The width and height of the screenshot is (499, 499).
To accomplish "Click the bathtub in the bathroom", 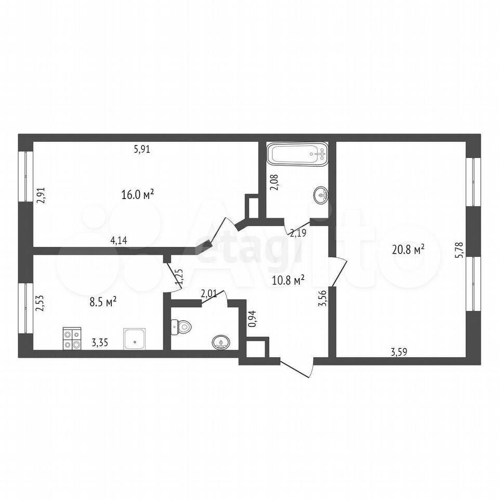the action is (x=297, y=154).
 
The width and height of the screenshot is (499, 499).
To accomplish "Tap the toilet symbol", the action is (x=181, y=327).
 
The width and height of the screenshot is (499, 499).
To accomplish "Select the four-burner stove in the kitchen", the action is (x=72, y=338).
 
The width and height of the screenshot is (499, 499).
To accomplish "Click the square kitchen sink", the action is (x=135, y=339).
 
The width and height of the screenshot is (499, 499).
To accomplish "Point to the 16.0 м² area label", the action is (x=138, y=194).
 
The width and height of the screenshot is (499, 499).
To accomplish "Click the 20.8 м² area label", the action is (x=409, y=250).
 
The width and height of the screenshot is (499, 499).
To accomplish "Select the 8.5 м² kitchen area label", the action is (x=103, y=301).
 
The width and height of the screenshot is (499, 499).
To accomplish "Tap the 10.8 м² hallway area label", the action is (x=288, y=280).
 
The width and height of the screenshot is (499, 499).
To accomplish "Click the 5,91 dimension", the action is (x=142, y=149).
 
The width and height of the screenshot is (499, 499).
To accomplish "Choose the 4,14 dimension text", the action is (x=119, y=240).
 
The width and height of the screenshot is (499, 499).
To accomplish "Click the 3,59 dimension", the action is (x=399, y=352).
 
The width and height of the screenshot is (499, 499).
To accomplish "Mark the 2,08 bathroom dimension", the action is (x=274, y=182).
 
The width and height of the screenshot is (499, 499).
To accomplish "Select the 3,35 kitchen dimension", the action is (x=100, y=343).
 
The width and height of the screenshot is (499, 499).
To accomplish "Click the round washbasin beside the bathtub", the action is (x=321, y=195).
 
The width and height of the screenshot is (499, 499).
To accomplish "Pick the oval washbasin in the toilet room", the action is (x=221, y=343).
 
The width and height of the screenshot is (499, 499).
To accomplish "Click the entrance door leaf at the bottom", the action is (x=295, y=370).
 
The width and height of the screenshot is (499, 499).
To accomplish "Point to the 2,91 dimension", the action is (x=41, y=195).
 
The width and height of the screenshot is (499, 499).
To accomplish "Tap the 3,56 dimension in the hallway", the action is (x=322, y=298).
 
